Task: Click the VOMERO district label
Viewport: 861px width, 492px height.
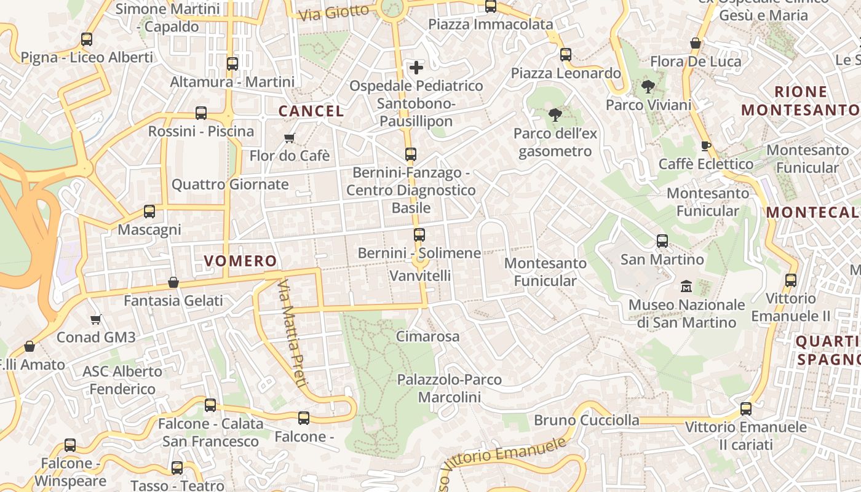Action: [x=240, y=261]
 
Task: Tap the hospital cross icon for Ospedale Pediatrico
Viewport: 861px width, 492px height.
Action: [x=416, y=67]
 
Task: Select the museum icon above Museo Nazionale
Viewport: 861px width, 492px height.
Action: [x=686, y=287]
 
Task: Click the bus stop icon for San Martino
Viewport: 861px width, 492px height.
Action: [x=662, y=240]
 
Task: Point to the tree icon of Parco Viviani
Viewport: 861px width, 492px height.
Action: [x=648, y=87]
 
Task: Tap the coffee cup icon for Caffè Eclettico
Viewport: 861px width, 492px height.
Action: [x=705, y=146]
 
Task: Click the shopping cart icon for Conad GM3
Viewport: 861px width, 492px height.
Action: [x=95, y=319]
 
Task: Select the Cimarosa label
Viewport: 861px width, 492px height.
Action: [x=427, y=336]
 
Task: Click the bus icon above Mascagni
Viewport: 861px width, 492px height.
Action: [x=149, y=212]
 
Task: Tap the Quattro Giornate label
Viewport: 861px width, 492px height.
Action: [x=230, y=184]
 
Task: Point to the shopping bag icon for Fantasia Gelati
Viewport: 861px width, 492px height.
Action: [x=173, y=282]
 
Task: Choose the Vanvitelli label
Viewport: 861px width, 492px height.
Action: [x=421, y=276]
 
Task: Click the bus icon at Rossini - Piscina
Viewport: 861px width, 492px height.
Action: [x=201, y=113]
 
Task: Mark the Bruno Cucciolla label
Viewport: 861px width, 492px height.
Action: [x=587, y=420]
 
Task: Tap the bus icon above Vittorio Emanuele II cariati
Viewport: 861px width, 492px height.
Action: [x=746, y=408]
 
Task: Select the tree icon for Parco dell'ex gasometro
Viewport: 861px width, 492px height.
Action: [x=555, y=114]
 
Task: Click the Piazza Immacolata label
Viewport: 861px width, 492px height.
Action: [x=491, y=25]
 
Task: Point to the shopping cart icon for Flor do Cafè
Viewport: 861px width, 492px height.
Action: [x=289, y=138]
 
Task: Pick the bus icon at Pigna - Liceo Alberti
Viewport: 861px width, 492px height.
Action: [x=87, y=39]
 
